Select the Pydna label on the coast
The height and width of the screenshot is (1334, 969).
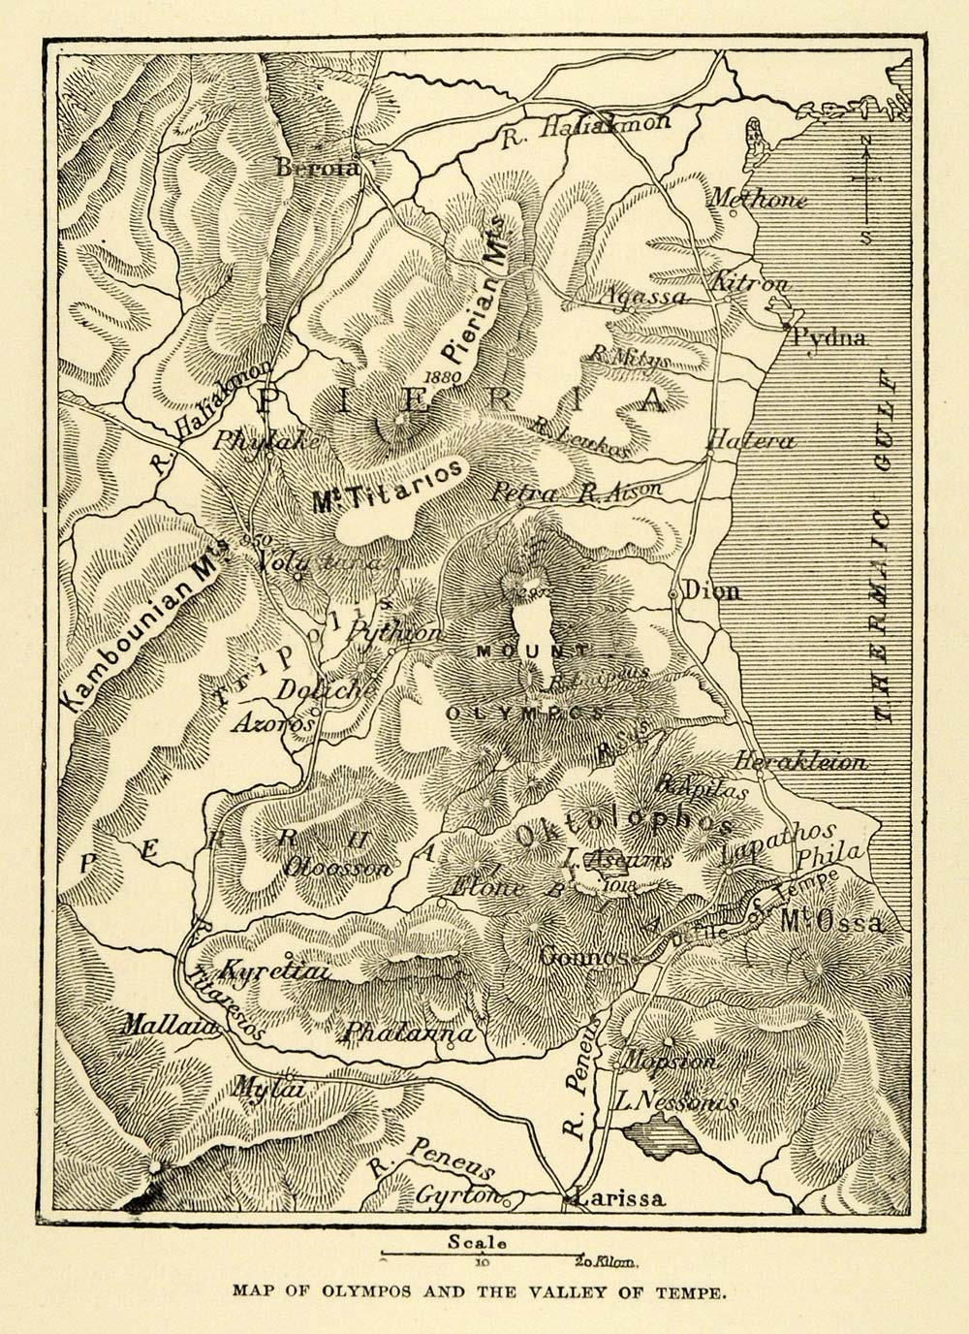click(828, 337)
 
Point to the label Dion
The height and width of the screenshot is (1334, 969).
click(711, 590)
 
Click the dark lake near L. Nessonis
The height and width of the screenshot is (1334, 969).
click(657, 1130)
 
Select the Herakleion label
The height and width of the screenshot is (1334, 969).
click(800, 762)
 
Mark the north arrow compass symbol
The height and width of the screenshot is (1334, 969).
click(865, 189)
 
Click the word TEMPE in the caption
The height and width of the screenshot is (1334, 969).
click(690, 1291)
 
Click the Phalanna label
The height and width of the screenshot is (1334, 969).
click(409, 1033)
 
